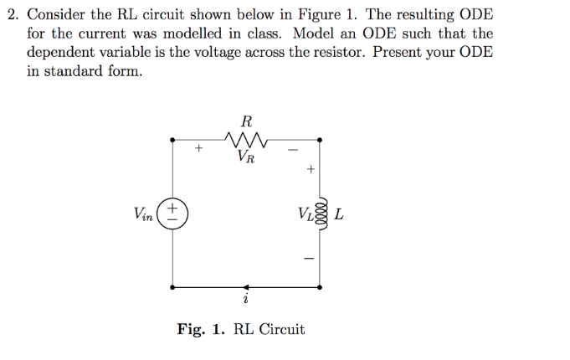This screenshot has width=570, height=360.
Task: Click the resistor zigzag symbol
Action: coord(245,136)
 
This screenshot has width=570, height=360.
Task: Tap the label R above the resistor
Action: coord(246,120)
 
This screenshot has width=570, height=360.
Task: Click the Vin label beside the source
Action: coord(144,214)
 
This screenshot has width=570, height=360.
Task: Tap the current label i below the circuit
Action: coord(245,299)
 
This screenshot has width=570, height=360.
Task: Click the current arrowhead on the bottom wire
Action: coord(245,286)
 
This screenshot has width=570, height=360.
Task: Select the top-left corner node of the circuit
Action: coord(172,140)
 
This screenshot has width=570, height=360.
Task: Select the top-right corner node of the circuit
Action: coord(319,140)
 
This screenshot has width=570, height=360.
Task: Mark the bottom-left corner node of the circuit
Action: coord(172,286)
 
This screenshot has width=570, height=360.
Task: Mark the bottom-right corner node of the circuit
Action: coord(319,286)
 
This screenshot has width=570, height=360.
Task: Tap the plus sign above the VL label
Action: coord(310,170)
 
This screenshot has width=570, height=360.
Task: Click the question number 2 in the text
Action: coord(11,16)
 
